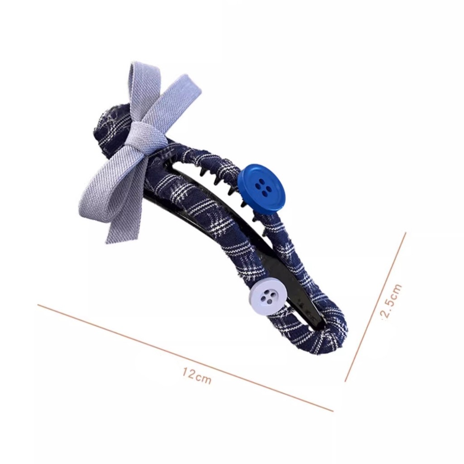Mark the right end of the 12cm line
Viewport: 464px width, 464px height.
coord(333,411)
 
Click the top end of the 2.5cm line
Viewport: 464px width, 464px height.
coord(406,233)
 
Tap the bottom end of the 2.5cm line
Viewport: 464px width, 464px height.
coord(345,381)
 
